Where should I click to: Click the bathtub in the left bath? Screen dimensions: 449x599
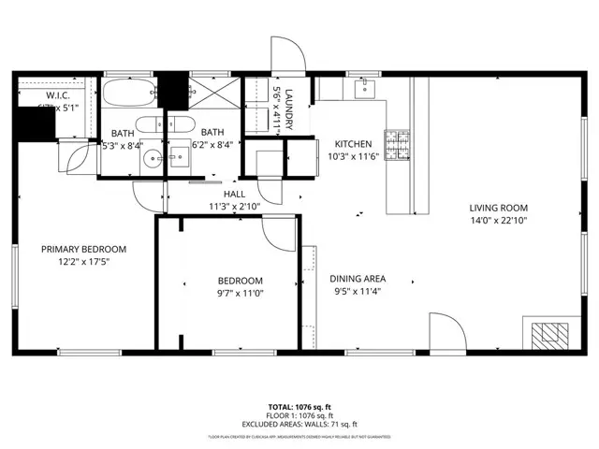(x=129, y=94)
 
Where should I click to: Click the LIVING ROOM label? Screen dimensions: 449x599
(x=499, y=208)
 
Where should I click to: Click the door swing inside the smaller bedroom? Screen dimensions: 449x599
(x=279, y=232)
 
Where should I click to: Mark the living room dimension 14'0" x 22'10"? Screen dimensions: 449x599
(x=499, y=221)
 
